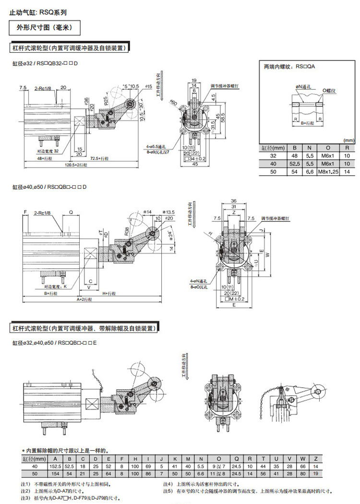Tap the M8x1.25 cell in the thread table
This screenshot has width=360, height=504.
tap(328, 172)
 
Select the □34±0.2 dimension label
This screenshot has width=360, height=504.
tap(195, 158)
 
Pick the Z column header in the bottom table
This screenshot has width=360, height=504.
tap(315, 459)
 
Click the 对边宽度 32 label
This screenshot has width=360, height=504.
tap(48, 150)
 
